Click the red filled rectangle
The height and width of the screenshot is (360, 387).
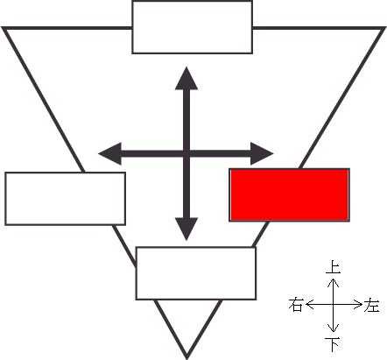click(289, 194)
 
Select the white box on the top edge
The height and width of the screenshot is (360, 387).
click(192, 27)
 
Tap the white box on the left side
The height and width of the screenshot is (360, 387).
click(66, 199)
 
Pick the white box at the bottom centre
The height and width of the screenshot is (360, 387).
click(196, 273)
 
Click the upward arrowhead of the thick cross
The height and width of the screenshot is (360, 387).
click(186, 78)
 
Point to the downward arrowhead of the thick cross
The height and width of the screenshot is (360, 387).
click(186, 229)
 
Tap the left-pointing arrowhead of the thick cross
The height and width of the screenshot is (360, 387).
click(109, 153)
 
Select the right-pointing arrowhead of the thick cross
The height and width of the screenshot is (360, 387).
click(262, 153)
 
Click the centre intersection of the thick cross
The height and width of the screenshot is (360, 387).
click(186, 153)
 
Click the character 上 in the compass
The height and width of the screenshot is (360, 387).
click(333, 267)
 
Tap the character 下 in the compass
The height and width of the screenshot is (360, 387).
click(333, 343)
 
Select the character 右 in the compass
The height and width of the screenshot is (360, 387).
click(295, 305)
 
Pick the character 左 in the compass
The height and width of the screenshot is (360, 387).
click(371, 305)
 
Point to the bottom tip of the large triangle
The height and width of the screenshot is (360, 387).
click(186, 358)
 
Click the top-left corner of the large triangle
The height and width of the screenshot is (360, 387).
click(3, 28)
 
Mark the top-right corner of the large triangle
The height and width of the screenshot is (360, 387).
click(384, 28)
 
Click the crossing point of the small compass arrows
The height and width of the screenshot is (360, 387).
click(333, 305)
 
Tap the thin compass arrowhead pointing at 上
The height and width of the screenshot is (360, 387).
click(333, 281)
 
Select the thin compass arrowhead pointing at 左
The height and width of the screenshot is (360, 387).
click(358, 305)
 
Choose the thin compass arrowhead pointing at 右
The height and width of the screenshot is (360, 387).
click(309, 305)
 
